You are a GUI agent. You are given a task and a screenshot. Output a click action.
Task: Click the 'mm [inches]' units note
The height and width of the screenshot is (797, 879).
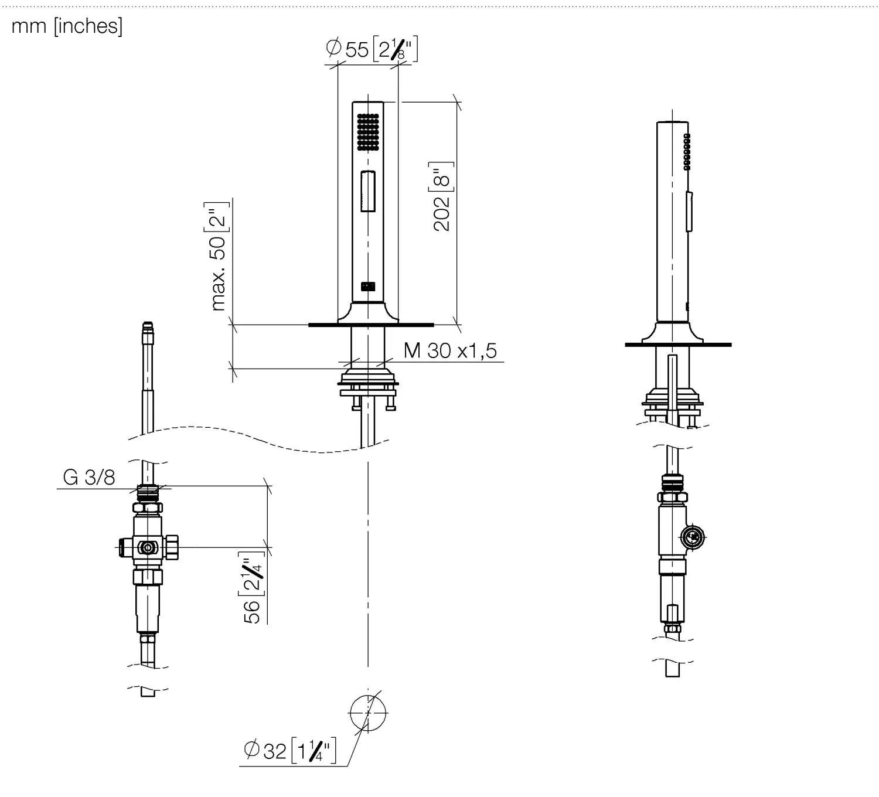(x=67, y=26)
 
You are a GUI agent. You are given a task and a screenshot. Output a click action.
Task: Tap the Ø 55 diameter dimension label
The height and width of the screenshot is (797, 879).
(x=372, y=49)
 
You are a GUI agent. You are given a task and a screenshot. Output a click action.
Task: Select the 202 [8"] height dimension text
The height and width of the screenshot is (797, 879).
(x=441, y=196)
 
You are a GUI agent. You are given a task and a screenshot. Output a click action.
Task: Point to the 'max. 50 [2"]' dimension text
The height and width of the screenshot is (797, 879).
(x=218, y=257)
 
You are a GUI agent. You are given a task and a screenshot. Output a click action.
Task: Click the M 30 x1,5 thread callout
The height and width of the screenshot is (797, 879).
(x=450, y=350)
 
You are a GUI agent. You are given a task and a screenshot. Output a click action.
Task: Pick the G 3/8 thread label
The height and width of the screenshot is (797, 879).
(x=89, y=477)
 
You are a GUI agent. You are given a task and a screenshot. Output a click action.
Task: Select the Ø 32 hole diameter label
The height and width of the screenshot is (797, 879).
(x=289, y=751)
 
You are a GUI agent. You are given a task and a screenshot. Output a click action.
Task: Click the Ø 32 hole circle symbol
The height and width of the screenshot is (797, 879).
(x=368, y=713)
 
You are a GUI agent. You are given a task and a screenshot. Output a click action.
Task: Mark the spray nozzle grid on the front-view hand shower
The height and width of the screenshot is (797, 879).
(x=368, y=132)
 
